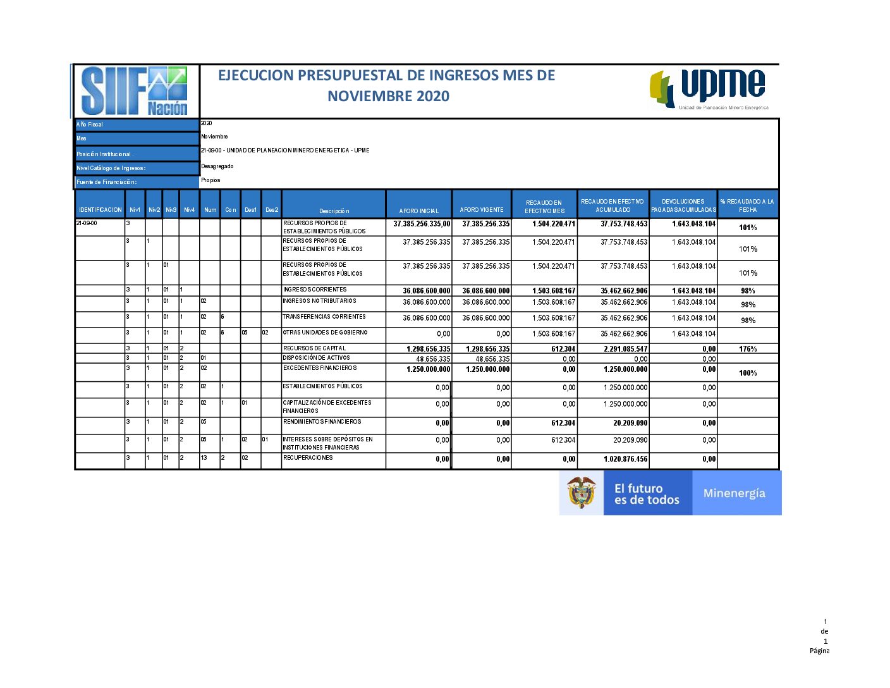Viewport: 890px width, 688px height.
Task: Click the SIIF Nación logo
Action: [135, 91]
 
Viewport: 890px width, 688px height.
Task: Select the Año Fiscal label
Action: [90, 125]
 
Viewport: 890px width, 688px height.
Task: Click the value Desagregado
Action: [217, 166]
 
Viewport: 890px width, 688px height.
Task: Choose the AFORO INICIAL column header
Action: [418, 211]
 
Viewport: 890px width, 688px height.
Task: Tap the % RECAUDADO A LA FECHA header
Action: [747, 206]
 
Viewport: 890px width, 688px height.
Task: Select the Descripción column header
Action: [334, 211]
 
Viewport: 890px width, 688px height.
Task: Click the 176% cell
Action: [748, 349]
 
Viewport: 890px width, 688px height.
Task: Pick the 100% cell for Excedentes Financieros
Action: [748, 373]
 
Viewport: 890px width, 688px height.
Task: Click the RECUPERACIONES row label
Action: [308, 458]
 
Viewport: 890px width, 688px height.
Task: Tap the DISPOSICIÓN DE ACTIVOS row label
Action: [316, 358]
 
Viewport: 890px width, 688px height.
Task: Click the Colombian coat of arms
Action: [582, 493]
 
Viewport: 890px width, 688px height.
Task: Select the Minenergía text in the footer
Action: [734, 493]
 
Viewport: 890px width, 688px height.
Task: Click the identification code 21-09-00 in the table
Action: [87, 223]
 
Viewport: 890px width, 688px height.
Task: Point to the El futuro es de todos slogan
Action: [646, 494]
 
